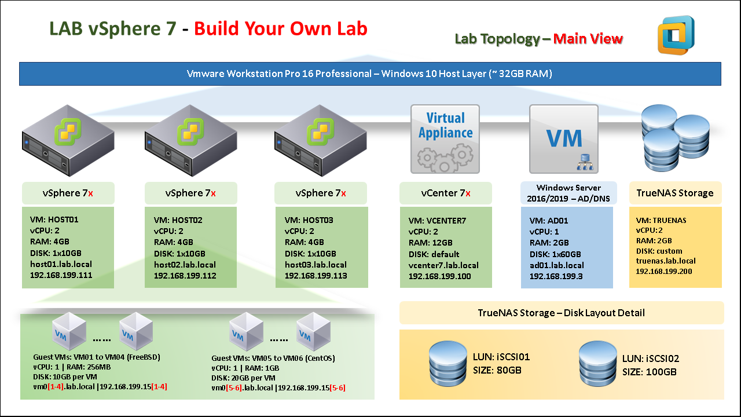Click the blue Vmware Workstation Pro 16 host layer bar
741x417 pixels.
tap(370, 74)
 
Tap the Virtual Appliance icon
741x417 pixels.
tap(445, 139)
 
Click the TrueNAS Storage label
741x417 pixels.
tap(675, 193)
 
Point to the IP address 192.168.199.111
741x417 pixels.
tap(61, 276)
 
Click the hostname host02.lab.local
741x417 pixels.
tap(185, 265)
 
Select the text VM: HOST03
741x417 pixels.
tap(309, 221)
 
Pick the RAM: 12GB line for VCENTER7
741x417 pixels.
tap(430, 243)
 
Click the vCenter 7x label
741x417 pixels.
tap(445, 193)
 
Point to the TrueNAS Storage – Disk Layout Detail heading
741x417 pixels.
tap(561, 313)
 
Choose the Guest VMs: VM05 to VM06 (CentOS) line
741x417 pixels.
tap(273, 358)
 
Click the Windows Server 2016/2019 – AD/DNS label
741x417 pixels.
tap(568, 193)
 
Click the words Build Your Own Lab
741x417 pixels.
tap(281, 29)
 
